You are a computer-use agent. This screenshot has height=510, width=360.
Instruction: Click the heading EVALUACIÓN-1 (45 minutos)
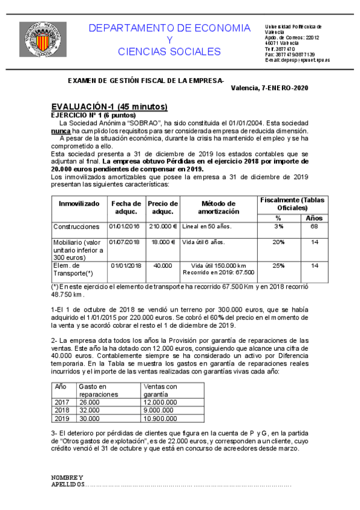click(109, 106)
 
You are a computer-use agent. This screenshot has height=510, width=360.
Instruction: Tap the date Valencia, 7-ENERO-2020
click(269, 88)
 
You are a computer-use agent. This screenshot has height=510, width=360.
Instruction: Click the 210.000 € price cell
click(162, 226)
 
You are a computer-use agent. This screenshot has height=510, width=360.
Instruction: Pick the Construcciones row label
click(76, 227)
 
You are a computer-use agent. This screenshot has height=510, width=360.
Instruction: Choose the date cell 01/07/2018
click(124, 242)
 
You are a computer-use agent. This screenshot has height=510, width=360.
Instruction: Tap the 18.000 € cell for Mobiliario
click(163, 242)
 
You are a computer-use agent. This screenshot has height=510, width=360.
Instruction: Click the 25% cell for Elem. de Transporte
click(278, 265)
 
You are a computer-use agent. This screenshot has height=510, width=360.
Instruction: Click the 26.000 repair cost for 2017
click(90, 402)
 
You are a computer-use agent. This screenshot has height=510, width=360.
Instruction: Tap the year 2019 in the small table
click(63, 419)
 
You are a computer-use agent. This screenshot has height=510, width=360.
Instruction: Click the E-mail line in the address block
click(297, 60)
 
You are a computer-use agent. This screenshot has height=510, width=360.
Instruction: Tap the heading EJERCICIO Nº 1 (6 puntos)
click(93, 115)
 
